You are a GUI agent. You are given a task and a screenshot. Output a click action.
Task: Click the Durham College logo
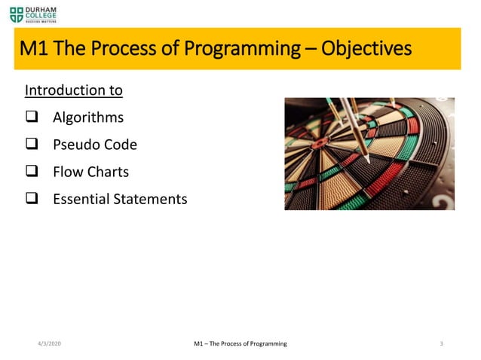(x=33, y=13)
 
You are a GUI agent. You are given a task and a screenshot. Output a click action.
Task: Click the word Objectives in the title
(x=366, y=49)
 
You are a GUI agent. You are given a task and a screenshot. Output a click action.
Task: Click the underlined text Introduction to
(x=74, y=91)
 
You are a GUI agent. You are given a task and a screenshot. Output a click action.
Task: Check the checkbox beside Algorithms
(x=31, y=117)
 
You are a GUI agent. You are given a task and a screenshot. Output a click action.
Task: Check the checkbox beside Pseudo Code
(x=31, y=145)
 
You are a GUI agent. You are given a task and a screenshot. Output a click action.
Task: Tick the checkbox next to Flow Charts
(x=31, y=172)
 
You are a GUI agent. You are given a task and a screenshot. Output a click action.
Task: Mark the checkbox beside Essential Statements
(x=31, y=199)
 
